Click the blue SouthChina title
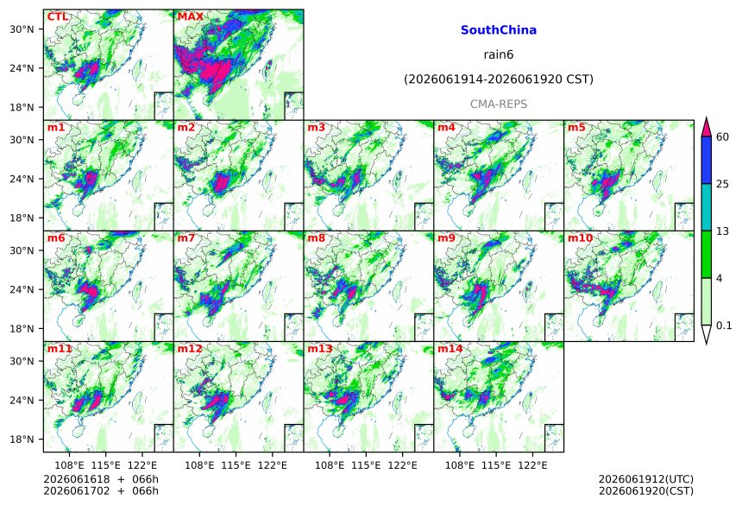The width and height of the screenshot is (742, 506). click(499, 30)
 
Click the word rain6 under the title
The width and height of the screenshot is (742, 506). click(499, 54)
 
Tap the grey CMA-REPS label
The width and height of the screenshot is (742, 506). click(499, 104)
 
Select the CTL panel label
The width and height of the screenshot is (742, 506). click(57, 16)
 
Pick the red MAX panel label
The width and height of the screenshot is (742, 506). click(190, 16)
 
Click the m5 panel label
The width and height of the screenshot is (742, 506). click(576, 128)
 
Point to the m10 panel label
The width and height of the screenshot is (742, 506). click(580, 237)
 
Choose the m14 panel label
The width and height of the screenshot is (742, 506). click(450, 349)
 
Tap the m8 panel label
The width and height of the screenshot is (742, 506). click(316, 237)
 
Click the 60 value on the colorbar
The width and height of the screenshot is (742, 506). click(723, 137)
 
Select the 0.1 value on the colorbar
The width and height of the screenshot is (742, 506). click(724, 326)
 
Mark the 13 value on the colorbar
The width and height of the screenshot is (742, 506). click(723, 231)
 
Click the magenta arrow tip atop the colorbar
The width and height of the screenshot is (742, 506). click(707, 117)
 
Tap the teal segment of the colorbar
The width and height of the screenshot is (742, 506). click(707, 207)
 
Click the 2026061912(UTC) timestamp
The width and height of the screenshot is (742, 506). click(646, 479)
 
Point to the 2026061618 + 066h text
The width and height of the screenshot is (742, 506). click(101, 479)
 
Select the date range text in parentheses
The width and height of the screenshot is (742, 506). click(499, 79)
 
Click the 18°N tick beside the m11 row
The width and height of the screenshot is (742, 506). click(22, 440)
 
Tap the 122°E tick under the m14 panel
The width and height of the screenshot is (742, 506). click(532, 465)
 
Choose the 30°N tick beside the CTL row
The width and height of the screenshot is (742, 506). click(22, 28)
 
